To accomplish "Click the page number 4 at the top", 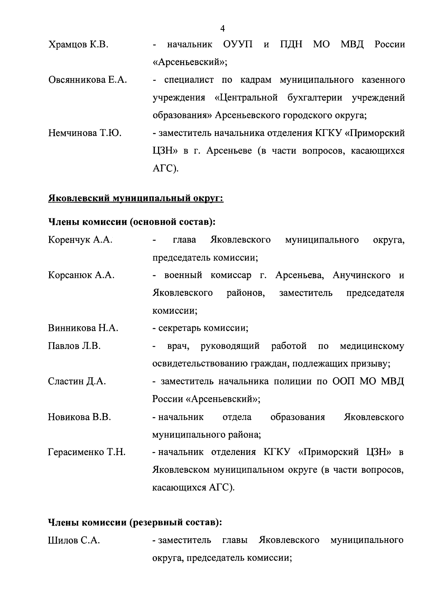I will [x=223, y=28].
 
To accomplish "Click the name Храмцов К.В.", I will [x=78, y=45].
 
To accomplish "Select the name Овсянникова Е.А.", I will [x=88, y=80].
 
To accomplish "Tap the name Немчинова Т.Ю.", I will [x=85, y=133].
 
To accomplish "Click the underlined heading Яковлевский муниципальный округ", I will [x=136, y=198].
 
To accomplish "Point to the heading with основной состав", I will [x=131, y=222].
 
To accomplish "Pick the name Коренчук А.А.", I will [x=80, y=240].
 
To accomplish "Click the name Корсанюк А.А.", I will [x=81, y=275].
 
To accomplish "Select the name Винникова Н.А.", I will [x=83, y=328].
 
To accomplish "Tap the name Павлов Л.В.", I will [x=74, y=346].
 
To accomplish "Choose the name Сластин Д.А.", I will [x=77, y=381].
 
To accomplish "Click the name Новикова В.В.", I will [x=79, y=417].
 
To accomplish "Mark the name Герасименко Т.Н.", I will [x=87, y=452].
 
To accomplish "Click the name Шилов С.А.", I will [x=74, y=540].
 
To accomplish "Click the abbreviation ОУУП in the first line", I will [x=238, y=45].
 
